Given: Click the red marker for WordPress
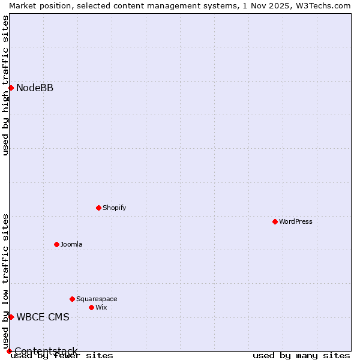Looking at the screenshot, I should pos(275,221).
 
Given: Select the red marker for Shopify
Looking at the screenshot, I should pos(98,208).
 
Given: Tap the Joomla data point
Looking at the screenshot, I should pos(56,244).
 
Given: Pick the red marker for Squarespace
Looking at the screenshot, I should pos(72,299).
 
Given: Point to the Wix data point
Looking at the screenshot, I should pos(91,307).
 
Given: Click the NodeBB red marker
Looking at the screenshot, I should pos(11,88).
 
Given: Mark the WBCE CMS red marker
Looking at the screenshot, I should pos(11,317).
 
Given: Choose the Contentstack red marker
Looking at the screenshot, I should pos(9,351).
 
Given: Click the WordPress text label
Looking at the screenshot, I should pos(296,221).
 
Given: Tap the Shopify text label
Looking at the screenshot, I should pos(114,208).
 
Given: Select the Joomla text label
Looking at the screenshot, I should pos(71,244).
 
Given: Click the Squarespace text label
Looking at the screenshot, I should pos(97,299).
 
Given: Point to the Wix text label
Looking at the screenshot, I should pos(101,307).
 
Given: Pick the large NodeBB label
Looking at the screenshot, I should pos(35,88).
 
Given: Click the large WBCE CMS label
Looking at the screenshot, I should pos(43,317).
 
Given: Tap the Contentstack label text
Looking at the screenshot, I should pos(46,351).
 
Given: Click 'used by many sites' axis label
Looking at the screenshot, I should pos(301,355).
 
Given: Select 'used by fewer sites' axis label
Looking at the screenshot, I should pos(62,355).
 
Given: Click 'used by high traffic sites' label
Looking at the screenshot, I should pos(5,86).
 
